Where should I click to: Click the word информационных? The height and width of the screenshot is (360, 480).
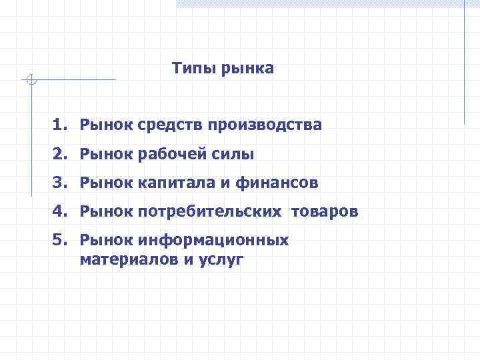tap(214, 240)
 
